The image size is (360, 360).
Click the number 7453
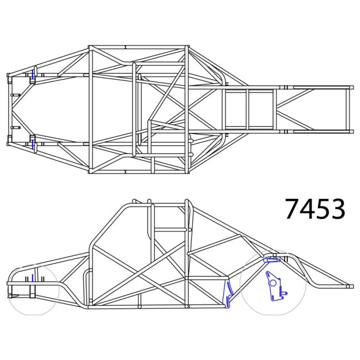pos(315,209)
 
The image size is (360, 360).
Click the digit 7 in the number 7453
pos(292,209)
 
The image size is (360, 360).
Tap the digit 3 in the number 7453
pos(337,209)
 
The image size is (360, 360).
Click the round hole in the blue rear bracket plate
pos(272,283)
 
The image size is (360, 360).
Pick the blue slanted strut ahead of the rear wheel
pos(227,294)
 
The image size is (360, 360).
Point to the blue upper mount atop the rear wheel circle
pos(272,259)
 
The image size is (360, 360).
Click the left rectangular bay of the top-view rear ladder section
pos(235,109)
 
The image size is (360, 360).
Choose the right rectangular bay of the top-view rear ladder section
pos(261,109)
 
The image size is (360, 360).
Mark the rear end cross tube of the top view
pos(349,109)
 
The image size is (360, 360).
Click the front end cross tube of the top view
pos(9,109)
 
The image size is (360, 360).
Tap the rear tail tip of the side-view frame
pos(348,286)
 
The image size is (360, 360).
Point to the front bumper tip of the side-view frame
pos(9,284)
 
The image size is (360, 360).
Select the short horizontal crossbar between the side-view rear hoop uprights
pos(169,228)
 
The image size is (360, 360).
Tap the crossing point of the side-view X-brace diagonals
pos(145,271)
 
